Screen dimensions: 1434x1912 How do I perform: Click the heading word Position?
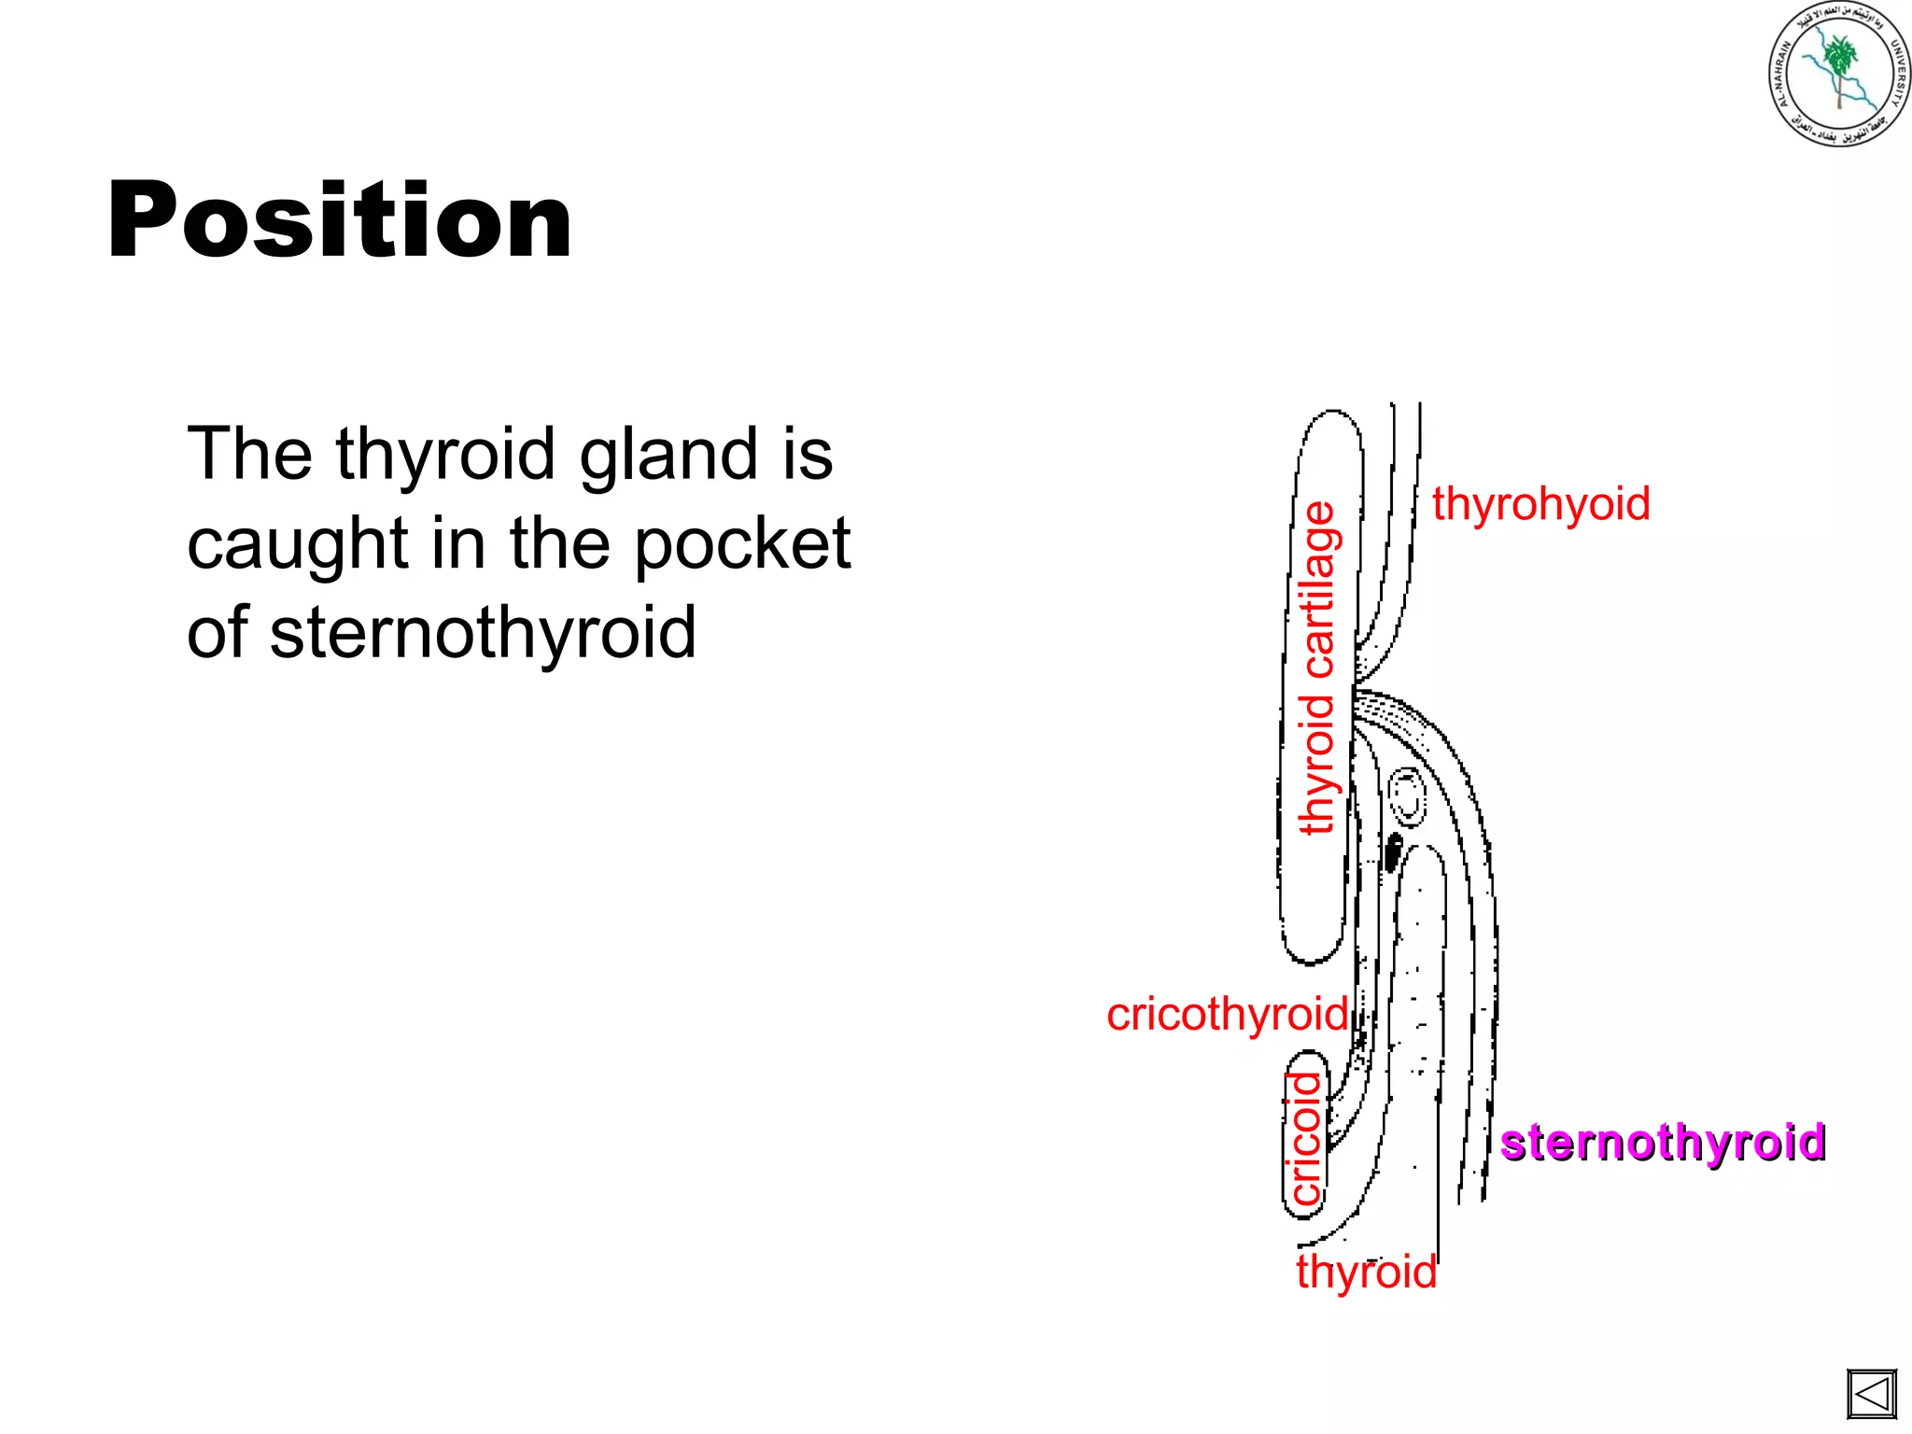(x=339, y=220)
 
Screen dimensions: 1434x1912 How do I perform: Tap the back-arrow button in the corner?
(x=1871, y=1395)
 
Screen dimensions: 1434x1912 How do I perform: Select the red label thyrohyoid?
(x=1540, y=504)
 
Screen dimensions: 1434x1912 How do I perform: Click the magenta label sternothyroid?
(x=1662, y=1143)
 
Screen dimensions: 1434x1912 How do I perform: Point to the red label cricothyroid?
(x=1227, y=1015)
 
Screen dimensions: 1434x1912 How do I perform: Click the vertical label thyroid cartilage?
(x=1318, y=668)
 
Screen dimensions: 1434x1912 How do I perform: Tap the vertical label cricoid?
(x=1305, y=1138)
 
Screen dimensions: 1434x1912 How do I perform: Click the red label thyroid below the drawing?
(x=1366, y=1272)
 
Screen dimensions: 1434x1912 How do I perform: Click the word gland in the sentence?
(x=668, y=455)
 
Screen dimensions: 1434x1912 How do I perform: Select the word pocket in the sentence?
(x=742, y=543)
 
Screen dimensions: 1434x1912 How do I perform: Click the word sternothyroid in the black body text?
(x=483, y=632)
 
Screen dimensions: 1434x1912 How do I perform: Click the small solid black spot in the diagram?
(x=1393, y=851)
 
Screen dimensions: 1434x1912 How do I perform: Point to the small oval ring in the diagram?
(x=1406, y=796)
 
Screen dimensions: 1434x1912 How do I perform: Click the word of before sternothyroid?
(x=217, y=632)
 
